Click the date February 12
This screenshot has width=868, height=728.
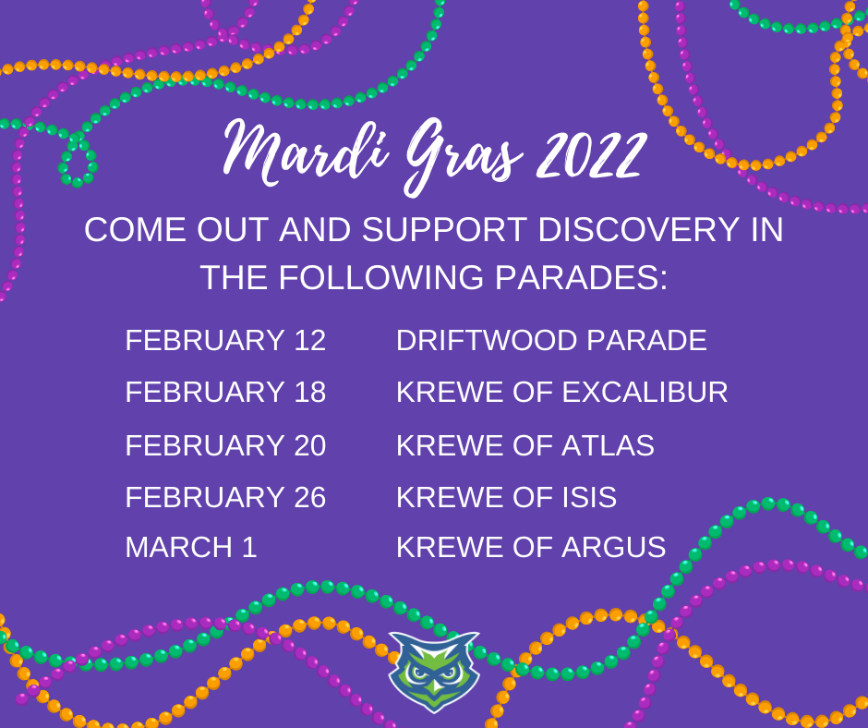point(225,340)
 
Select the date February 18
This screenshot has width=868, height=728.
point(225,392)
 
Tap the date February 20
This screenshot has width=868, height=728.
point(225,445)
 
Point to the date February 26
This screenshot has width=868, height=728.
point(225,496)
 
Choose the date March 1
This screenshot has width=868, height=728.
point(191,547)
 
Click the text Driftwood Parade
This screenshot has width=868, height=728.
point(551,340)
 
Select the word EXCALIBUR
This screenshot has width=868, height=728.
point(645,392)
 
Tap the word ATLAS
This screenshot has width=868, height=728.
point(608,445)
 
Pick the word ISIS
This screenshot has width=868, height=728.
point(589,496)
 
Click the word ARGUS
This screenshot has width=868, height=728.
point(613,547)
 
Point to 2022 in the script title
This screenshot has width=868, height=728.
point(591,155)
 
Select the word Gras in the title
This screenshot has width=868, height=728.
point(463,158)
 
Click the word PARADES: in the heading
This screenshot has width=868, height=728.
point(581,277)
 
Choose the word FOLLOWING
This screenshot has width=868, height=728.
point(381,277)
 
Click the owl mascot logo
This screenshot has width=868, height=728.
point(434,671)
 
